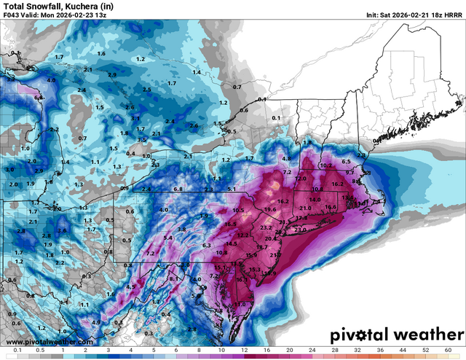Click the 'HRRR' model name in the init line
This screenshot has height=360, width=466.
451,15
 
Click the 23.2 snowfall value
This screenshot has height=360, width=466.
266,228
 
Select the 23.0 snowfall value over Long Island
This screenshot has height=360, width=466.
300,230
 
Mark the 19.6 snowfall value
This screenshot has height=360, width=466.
270,210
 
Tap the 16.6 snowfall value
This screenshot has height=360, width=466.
331,207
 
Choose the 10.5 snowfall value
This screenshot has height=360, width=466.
238,211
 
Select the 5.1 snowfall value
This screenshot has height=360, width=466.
232,189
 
